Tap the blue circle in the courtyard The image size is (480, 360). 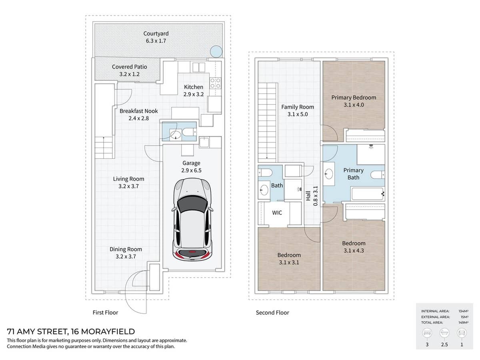point(216,51)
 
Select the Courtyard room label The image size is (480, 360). point(156,34)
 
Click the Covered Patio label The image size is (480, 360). point(129,67)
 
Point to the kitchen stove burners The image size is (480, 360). point(215,83)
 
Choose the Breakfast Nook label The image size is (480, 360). point(139,111)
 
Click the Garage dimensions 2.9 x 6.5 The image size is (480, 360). point(191,170)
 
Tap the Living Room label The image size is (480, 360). point(128,179)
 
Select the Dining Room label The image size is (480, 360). point(126,249)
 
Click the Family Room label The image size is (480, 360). point(298,107)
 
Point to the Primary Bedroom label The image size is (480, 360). point(354,97)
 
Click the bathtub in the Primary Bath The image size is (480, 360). point(368,194)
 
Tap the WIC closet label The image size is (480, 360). point(277,213)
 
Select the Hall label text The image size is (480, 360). point(308,195)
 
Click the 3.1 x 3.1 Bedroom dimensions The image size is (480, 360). point(289,263)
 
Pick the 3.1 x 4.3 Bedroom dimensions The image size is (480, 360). point(354,251)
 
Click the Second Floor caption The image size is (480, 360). point(272,312)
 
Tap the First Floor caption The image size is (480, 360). point(105,312)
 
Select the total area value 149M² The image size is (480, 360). point(464,322)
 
